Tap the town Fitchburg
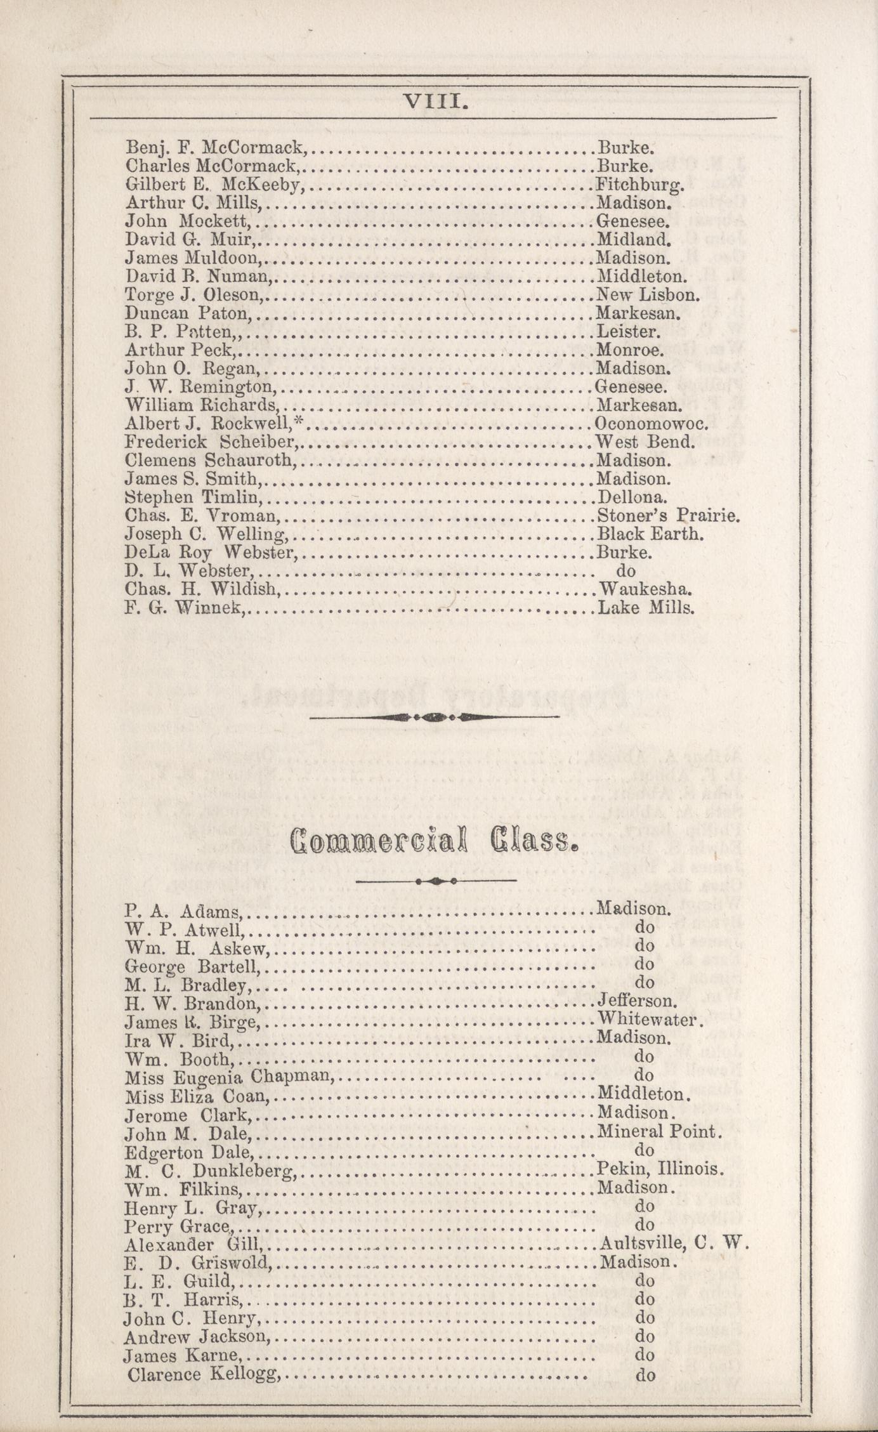[639, 185]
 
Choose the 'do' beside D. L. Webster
[626, 571]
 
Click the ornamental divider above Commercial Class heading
[434, 718]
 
